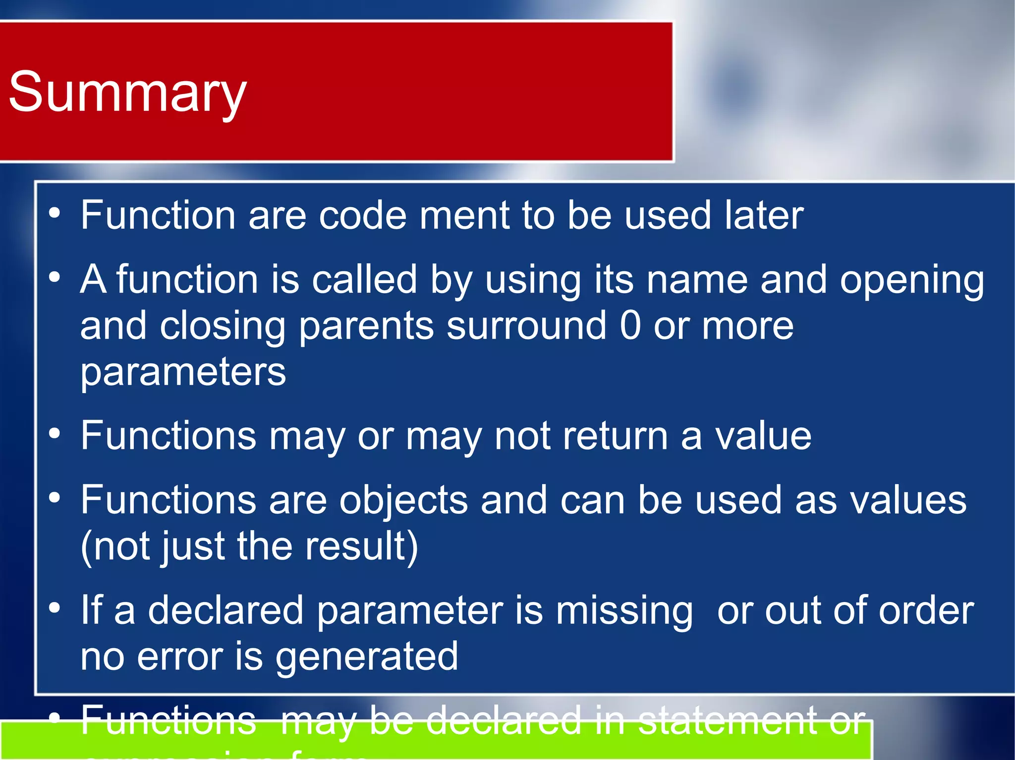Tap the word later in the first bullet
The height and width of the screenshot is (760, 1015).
click(x=764, y=216)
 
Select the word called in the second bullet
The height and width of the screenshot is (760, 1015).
click(x=364, y=280)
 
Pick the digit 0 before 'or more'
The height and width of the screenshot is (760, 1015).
click(x=630, y=326)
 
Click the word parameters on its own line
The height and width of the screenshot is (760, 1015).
click(x=183, y=372)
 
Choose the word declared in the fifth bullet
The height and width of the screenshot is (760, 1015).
click(x=226, y=610)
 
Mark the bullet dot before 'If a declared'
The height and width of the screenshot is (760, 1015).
click(x=55, y=608)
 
